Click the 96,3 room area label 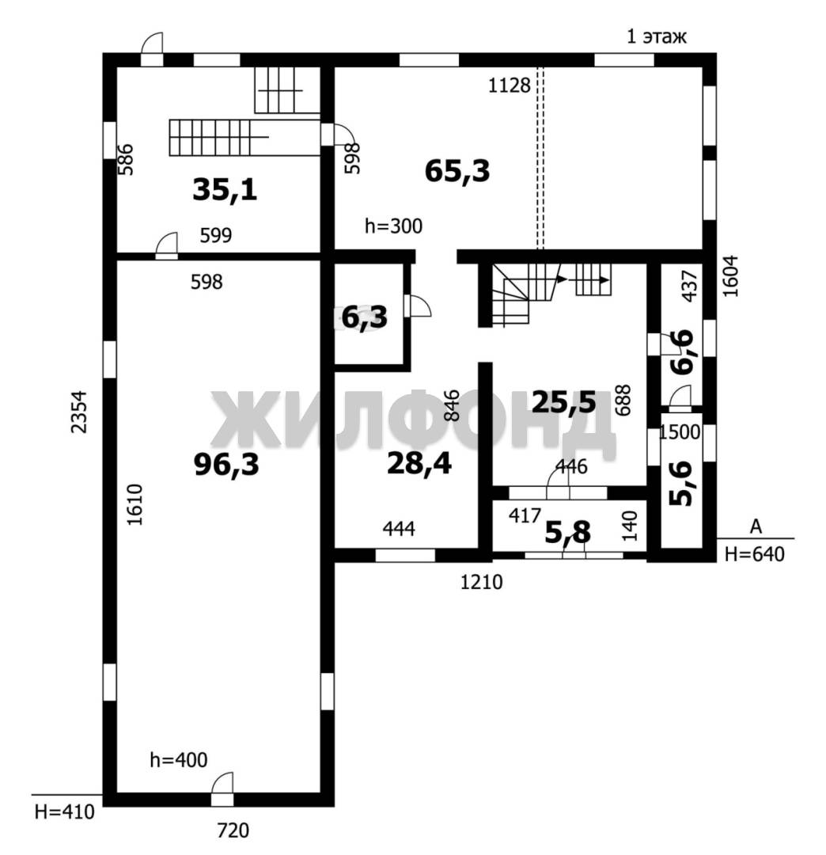[226, 465]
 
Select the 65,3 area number [457, 171]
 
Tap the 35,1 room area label [225, 190]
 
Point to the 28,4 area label [419, 464]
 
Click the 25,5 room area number [564, 402]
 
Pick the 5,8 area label [568, 532]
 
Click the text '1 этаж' [657, 36]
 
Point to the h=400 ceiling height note [179, 759]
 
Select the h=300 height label [393, 226]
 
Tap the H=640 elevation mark [755, 554]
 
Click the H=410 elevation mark [64, 812]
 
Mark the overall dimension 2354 [80, 412]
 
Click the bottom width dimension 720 [233, 830]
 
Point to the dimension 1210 [482, 583]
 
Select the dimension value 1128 [509, 85]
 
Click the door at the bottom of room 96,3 [222, 789]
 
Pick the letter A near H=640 [756, 526]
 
